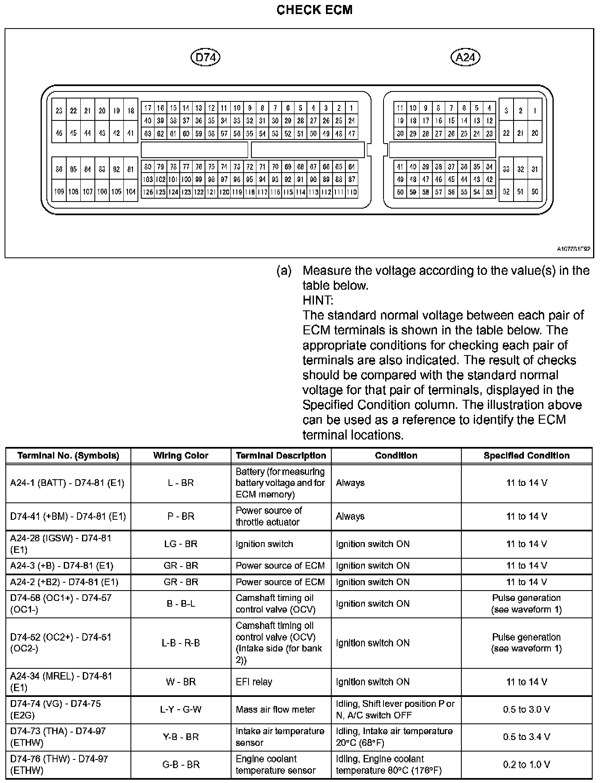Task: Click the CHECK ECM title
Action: click(314, 10)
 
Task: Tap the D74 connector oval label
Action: click(205, 57)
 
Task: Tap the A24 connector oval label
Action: click(465, 57)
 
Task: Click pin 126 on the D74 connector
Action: click(147, 192)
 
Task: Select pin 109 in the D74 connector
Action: click(59, 192)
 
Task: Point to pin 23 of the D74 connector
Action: click(59, 110)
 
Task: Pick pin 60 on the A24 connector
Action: click(400, 192)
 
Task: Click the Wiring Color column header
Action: click(181, 456)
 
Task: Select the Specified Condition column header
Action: click(526, 456)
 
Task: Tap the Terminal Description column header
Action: click(281, 456)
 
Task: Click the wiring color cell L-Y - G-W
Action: click(181, 709)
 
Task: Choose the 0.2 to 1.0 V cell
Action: click(526, 764)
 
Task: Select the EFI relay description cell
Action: click(254, 682)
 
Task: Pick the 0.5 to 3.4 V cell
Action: click(526, 737)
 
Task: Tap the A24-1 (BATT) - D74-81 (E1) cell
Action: click(67, 483)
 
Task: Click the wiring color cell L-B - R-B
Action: click(181, 643)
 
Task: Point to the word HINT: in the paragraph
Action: click(318, 300)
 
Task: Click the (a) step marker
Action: click(284, 271)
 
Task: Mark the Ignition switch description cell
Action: click(264, 544)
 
